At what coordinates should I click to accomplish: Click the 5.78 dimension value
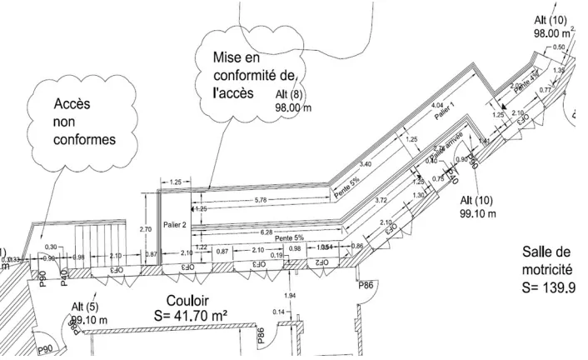pos(260,202)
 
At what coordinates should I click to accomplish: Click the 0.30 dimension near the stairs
pos(52,247)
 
